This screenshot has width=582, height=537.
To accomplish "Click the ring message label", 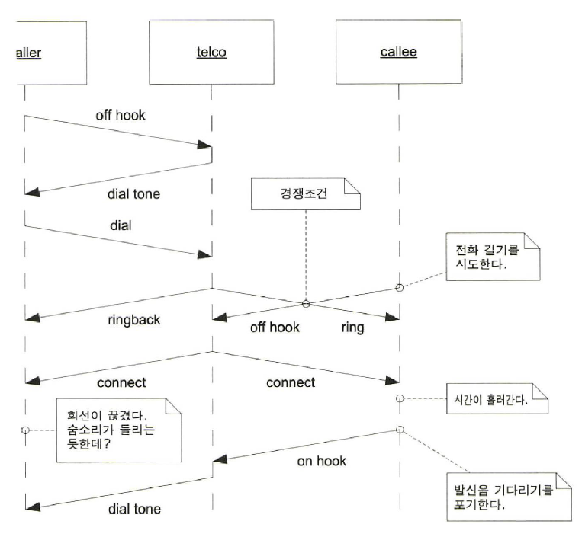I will [353, 328].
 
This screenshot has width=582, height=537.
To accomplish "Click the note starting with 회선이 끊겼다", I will [117, 430].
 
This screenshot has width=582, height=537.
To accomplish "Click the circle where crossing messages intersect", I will [305, 304].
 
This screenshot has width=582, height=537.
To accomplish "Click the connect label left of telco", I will [121, 382].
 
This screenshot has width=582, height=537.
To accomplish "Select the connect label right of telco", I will [290, 382].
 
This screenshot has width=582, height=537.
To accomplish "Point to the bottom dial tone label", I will [133, 510].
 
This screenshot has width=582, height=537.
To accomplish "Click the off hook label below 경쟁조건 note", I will [275, 328].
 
